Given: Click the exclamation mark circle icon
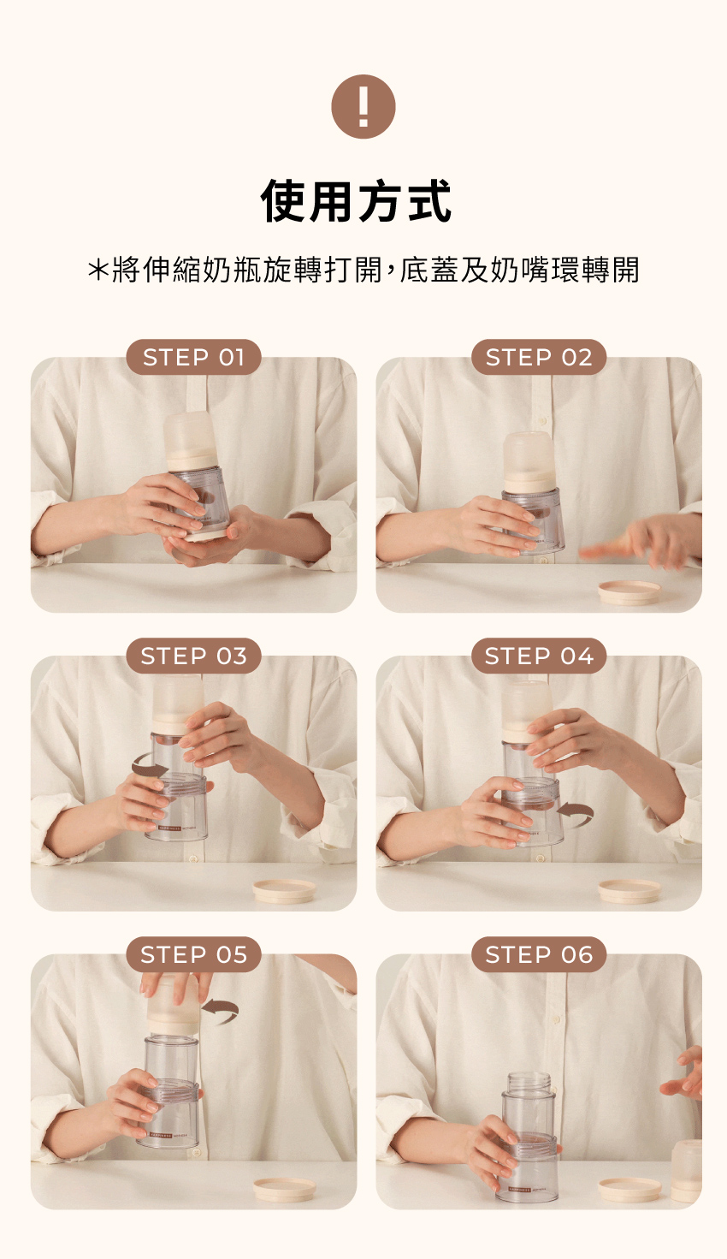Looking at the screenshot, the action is (363, 107).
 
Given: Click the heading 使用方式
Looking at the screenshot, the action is (356, 201).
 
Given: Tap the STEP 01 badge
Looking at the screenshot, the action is (193, 358).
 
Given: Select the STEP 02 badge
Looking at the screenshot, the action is (538, 358).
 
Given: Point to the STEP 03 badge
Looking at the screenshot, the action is (193, 656).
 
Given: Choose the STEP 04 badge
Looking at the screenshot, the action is (538, 656).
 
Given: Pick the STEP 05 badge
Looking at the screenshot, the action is (193, 954).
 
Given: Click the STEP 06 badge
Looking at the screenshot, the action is (538, 954).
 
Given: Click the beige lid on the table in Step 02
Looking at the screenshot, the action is (629, 592).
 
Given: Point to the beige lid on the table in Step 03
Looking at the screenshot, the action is (284, 892).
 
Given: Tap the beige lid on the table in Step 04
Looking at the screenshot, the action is (629, 892).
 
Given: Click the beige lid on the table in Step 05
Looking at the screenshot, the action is (284, 1190).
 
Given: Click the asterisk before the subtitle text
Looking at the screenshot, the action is (98, 270).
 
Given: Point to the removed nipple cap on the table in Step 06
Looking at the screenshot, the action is (687, 1172).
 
